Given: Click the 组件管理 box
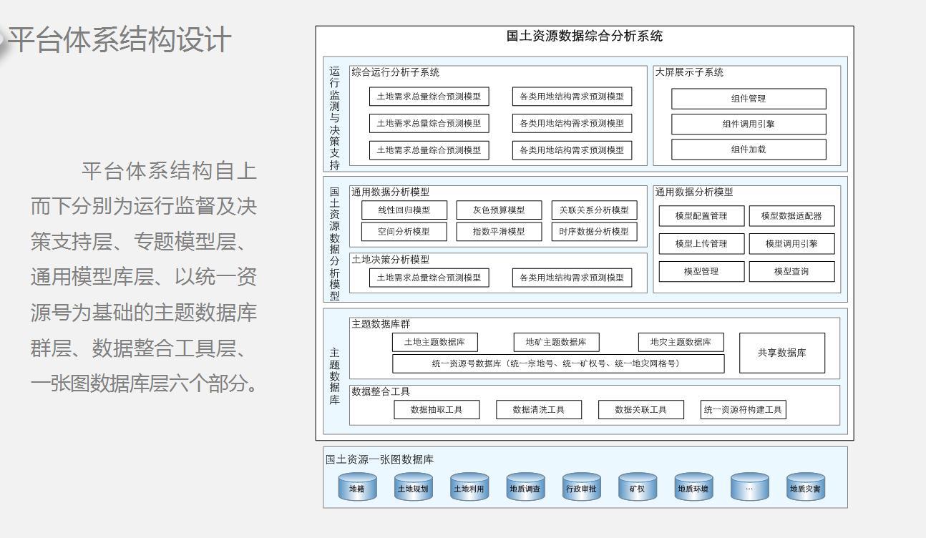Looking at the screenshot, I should (749, 99).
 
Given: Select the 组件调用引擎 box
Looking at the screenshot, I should (749, 124).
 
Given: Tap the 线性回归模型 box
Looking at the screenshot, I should (404, 210).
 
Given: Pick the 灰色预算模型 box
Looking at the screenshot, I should (499, 210).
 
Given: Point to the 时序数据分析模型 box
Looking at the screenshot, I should (594, 232).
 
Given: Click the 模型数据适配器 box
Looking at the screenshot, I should (791, 216).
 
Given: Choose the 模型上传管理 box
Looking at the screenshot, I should (701, 244).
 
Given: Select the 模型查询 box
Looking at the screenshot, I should (791, 272).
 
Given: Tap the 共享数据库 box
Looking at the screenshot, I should (782, 353).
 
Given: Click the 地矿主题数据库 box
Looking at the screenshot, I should (556, 342).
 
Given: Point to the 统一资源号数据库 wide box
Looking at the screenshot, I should (558, 363).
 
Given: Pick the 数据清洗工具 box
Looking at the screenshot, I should (539, 410).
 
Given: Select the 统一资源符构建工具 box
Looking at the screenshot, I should (743, 410).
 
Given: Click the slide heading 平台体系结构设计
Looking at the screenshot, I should (120, 40).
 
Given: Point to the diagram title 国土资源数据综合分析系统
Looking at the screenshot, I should (585, 36).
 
